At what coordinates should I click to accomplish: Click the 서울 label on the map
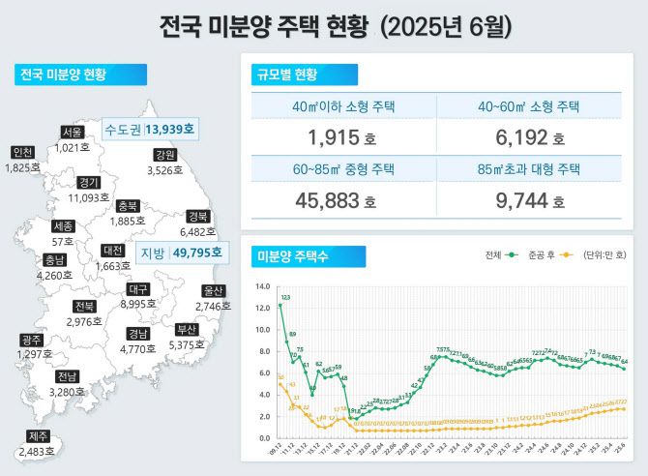[x=72, y=133]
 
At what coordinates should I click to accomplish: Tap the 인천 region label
[x=22, y=153]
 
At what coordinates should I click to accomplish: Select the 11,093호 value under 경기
[x=89, y=197]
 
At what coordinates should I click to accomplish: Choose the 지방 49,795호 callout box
[x=181, y=253]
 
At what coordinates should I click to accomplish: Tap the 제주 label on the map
[x=38, y=436]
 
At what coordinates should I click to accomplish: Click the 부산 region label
[x=188, y=328]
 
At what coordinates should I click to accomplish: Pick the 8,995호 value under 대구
[x=138, y=304]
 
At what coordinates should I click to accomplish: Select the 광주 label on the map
[x=31, y=340]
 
